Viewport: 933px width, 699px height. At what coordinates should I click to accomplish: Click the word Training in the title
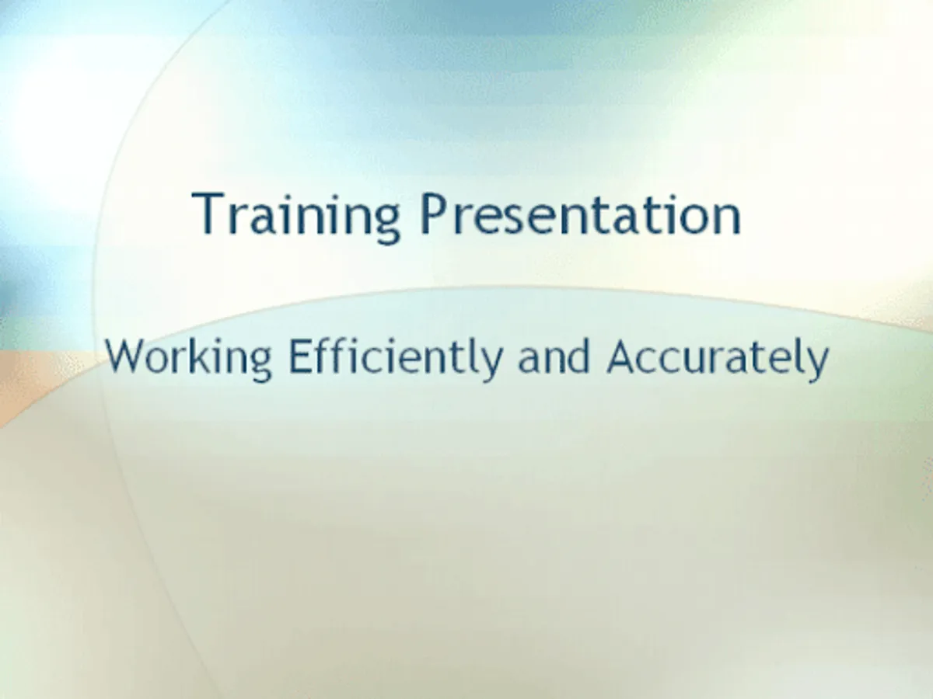296,217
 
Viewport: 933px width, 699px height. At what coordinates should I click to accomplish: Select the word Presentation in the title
581,214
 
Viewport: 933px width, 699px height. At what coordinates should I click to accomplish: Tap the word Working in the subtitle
188,359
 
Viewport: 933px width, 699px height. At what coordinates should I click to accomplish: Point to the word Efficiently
396,359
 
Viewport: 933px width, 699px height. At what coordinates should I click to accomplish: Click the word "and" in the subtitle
554,356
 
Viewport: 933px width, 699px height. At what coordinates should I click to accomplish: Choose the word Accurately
718,359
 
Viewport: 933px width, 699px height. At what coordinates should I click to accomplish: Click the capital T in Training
208,213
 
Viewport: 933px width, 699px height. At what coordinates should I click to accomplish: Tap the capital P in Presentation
435,214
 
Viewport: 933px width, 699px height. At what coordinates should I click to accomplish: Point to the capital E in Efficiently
300,356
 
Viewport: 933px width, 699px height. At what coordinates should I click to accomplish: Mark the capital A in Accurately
622,356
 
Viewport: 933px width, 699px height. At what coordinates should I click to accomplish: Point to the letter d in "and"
578,356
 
